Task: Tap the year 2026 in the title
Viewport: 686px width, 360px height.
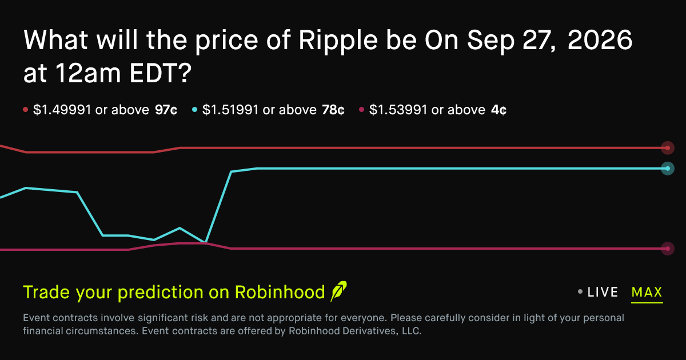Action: click(600, 39)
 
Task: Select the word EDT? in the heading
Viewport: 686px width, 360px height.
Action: click(161, 73)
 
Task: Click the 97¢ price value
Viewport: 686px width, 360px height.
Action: click(166, 110)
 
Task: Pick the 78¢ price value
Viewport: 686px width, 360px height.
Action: click(333, 110)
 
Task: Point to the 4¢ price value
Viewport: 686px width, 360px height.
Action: click(498, 110)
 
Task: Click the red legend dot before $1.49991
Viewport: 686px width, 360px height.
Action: click(25, 109)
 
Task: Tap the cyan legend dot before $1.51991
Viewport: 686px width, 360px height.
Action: click(194, 109)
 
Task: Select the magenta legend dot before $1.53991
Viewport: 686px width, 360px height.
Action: click(361, 109)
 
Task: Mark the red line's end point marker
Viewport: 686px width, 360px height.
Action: click(668, 148)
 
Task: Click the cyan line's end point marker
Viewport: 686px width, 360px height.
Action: click(668, 169)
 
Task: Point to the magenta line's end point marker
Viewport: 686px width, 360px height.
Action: click(668, 249)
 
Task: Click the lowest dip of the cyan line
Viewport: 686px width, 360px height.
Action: click(205, 242)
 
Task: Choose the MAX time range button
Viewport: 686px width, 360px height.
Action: click(647, 293)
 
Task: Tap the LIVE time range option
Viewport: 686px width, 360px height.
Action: click(603, 292)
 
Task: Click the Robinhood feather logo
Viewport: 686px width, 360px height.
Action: click(338, 291)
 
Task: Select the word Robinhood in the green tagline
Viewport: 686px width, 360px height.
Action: click(280, 292)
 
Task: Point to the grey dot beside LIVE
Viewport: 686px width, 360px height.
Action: click(580, 292)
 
